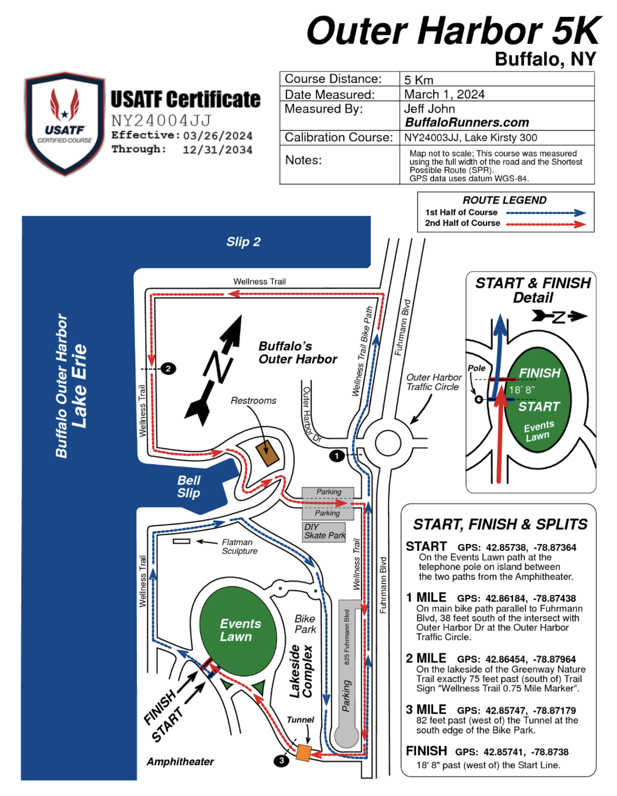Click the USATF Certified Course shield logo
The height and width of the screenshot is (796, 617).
click(64, 123)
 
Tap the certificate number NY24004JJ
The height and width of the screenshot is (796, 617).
click(161, 121)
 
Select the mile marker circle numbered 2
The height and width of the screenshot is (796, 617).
click(168, 369)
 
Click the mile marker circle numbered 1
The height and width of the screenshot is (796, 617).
click(336, 455)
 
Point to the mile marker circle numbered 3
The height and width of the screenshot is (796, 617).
click(281, 760)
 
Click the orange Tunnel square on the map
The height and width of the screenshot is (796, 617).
click(303, 752)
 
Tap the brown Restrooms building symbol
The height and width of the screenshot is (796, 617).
click(267, 453)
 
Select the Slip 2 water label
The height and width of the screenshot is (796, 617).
click(243, 242)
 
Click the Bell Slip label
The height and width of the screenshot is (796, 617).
click(189, 487)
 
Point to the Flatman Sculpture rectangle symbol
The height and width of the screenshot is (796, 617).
click(181, 541)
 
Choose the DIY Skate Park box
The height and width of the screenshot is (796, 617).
click(324, 531)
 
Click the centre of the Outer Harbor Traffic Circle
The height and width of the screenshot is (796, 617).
click(388, 442)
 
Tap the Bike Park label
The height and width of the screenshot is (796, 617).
click(305, 624)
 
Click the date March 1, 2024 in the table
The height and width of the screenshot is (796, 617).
click(444, 94)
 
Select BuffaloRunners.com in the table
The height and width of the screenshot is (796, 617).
click(467, 123)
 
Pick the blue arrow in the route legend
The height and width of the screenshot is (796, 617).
click(546, 213)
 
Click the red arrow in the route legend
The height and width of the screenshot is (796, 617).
click(546, 224)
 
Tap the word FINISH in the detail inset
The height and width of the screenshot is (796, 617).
click(540, 373)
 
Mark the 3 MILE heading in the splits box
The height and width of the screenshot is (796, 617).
click(426, 710)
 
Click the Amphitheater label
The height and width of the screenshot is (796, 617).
click(180, 762)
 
